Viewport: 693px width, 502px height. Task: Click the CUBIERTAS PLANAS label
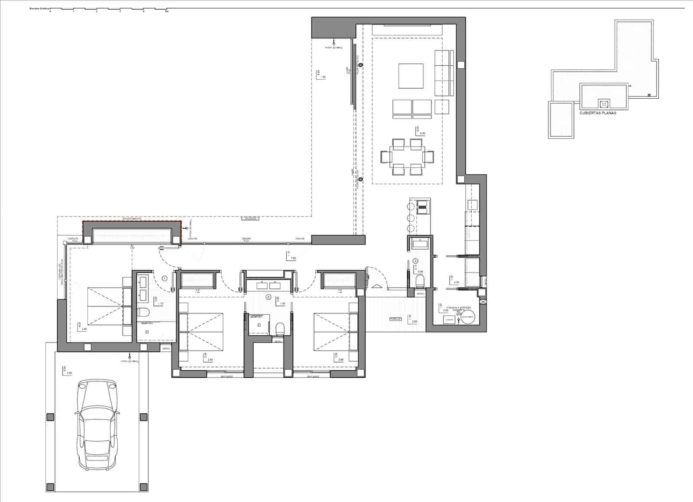[598, 113]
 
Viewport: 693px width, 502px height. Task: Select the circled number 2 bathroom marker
[269, 298]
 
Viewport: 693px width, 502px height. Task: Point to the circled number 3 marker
[415, 261]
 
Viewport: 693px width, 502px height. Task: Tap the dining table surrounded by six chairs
[407, 156]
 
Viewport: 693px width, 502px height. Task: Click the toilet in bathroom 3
[420, 282]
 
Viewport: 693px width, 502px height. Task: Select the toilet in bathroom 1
[143, 311]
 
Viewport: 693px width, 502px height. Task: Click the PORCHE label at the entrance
[395, 319]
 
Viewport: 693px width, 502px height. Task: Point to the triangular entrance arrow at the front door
[376, 286]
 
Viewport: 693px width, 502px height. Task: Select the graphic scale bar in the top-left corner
[108, 9]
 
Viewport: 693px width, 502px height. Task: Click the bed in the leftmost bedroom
[106, 306]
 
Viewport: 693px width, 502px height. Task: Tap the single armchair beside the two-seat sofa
[442, 107]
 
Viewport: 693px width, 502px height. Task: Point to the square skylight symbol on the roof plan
[604, 104]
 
